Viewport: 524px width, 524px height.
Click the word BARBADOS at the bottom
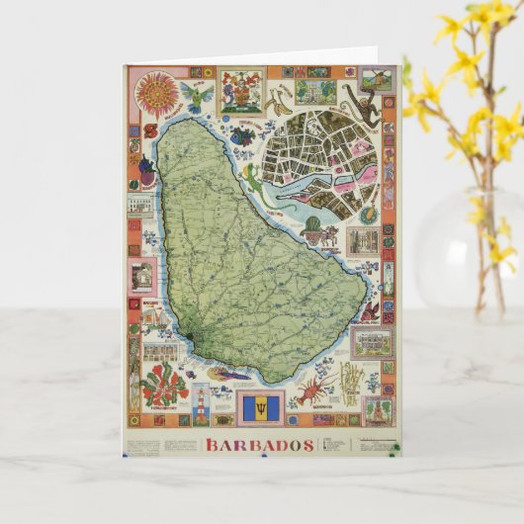click(259, 445)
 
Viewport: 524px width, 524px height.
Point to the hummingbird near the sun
click(199, 97)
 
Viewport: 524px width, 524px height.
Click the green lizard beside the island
click(254, 179)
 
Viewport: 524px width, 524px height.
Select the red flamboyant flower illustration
click(163, 381)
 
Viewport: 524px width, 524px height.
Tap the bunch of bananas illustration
click(282, 95)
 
